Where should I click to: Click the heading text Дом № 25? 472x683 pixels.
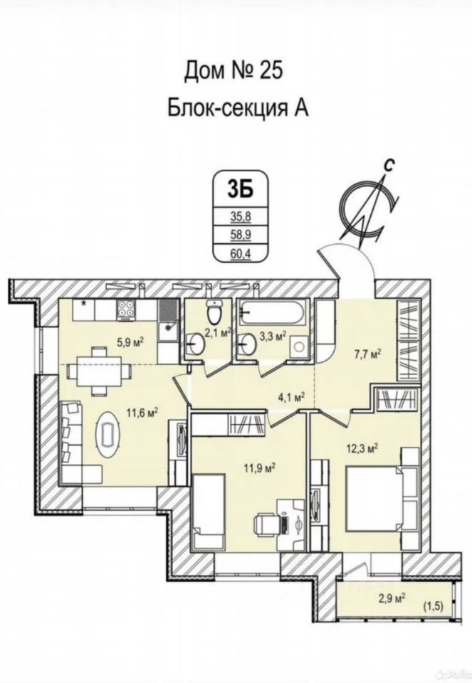[235, 70]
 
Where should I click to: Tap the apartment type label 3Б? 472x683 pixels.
[236, 189]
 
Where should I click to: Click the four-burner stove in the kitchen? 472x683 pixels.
[127, 310]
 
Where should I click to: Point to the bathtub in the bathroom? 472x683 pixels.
[274, 311]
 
